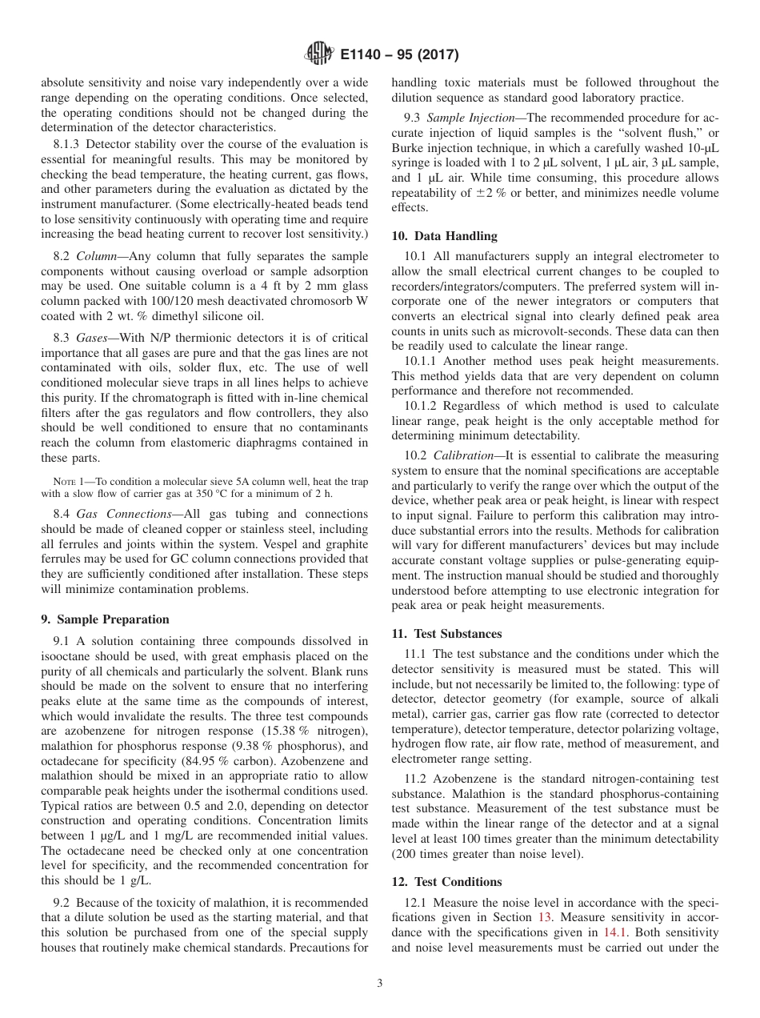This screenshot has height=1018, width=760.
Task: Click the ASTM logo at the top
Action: point(320,55)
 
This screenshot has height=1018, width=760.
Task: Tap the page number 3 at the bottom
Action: point(380,983)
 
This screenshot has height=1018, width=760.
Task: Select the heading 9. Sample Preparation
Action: point(105,619)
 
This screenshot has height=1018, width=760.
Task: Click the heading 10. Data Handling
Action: point(444,236)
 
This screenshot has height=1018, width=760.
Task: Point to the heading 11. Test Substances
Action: point(446,634)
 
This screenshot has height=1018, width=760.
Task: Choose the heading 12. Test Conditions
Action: point(446,882)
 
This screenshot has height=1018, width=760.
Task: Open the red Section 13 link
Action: point(545,917)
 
